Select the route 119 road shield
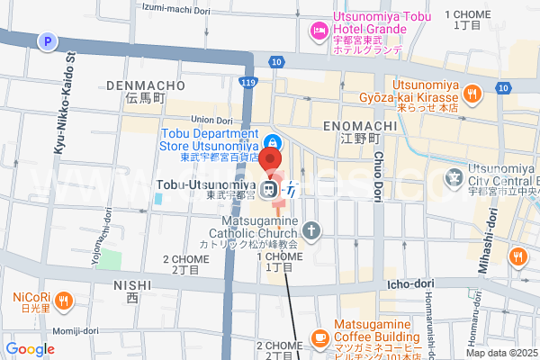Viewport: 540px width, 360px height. [x=247, y=82]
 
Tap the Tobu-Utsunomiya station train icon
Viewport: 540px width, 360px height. [x=270, y=189]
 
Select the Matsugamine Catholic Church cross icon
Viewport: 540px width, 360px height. [x=311, y=230]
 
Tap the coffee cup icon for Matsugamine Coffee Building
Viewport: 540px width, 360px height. [x=320, y=338]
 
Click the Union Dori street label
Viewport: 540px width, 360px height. [x=212, y=120]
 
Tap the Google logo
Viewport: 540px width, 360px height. [x=30, y=349]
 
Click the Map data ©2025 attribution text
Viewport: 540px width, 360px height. [x=501, y=353]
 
